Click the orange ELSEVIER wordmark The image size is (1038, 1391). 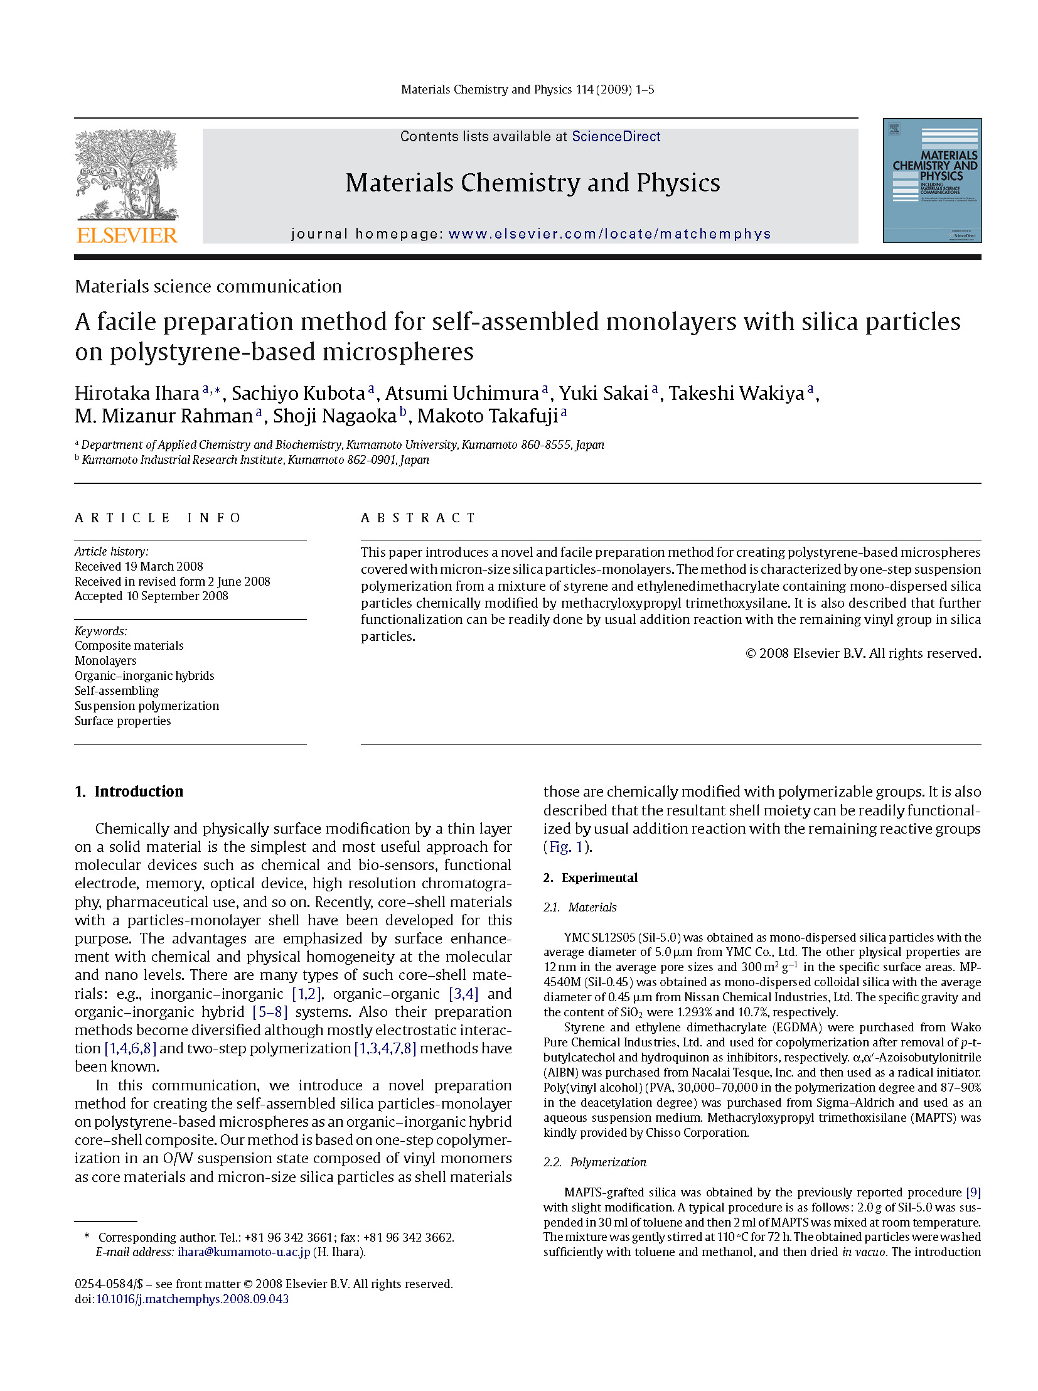[x=127, y=235]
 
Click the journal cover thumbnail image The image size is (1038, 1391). [x=932, y=180]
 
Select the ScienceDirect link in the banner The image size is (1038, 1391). [x=616, y=136]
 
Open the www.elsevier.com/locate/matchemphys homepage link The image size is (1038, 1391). [x=609, y=234]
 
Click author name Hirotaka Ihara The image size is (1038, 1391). [x=137, y=393]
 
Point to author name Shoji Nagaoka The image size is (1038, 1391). [x=334, y=416]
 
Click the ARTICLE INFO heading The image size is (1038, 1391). [x=158, y=518]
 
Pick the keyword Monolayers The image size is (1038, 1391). [x=105, y=660]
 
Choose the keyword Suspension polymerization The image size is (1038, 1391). [x=147, y=706]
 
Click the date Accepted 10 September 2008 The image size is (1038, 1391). [x=151, y=596]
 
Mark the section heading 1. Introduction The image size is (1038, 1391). [x=129, y=792]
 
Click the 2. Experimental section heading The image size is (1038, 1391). [x=591, y=878]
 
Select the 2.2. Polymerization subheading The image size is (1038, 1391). [x=595, y=1163]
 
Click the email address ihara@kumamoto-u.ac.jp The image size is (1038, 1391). [x=243, y=1252]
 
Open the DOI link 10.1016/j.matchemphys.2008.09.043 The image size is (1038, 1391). [x=192, y=1299]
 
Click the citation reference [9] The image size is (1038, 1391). [x=973, y=1193]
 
